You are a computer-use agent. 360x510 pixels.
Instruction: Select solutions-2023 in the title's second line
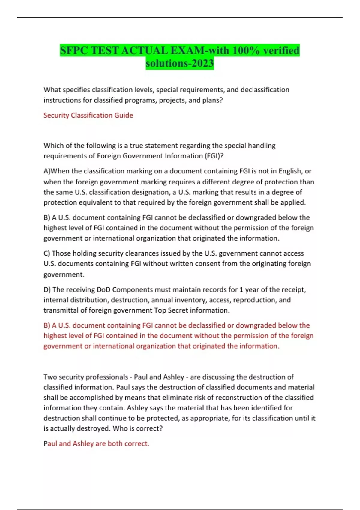click(180, 63)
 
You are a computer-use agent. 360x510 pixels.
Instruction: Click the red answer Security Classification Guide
click(88, 115)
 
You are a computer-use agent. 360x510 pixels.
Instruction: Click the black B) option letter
click(47, 217)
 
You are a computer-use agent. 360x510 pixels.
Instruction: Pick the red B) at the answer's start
click(47, 325)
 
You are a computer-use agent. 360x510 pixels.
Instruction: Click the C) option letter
click(47, 253)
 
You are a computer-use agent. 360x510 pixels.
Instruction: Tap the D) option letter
click(47, 290)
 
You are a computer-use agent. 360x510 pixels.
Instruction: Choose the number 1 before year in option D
click(241, 290)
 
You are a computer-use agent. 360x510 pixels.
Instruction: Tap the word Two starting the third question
click(50, 377)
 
